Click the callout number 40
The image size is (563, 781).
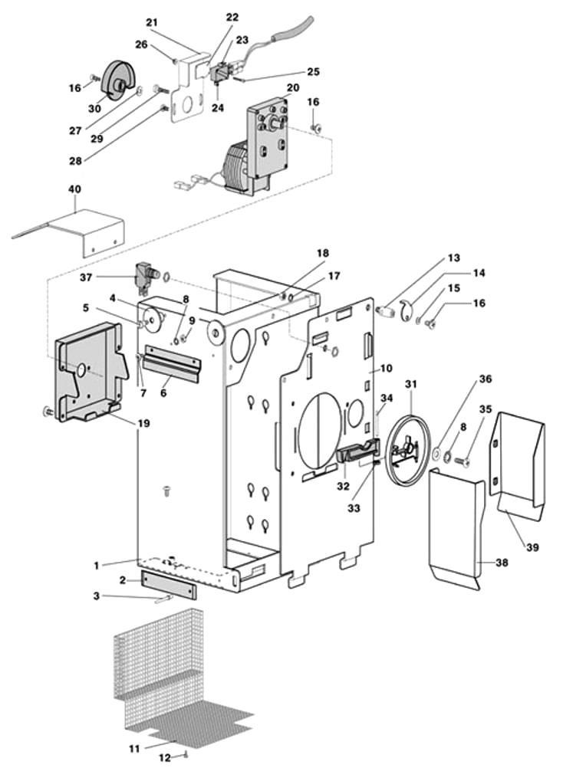coord(74,189)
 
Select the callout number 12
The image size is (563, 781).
coord(164,758)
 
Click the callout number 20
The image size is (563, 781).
coord(292,87)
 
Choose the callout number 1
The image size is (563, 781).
coord(97,566)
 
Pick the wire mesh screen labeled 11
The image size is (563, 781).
coord(169,674)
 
